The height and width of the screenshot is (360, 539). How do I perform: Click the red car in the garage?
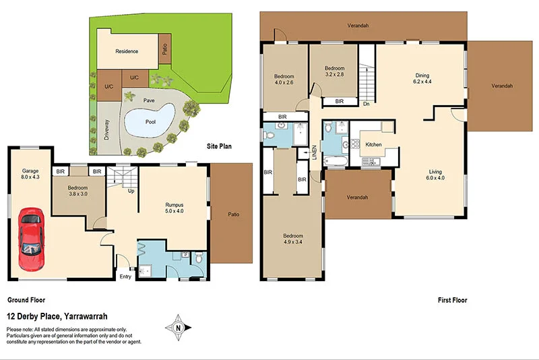tap(30, 239)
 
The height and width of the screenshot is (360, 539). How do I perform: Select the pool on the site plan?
tap(150, 121)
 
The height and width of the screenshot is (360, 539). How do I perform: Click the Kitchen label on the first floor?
tap(374, 145)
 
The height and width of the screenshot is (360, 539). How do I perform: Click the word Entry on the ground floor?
tap(126, 276)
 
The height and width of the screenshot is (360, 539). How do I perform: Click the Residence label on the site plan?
tap(127, 51)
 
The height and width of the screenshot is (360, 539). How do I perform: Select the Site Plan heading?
tap(221, 146)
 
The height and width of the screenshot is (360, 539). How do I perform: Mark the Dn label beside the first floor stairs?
tap(366, 104)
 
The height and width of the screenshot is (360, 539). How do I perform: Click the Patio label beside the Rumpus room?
tap(232, 215)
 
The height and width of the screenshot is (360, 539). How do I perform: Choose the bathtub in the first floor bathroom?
tap(334, 160)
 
